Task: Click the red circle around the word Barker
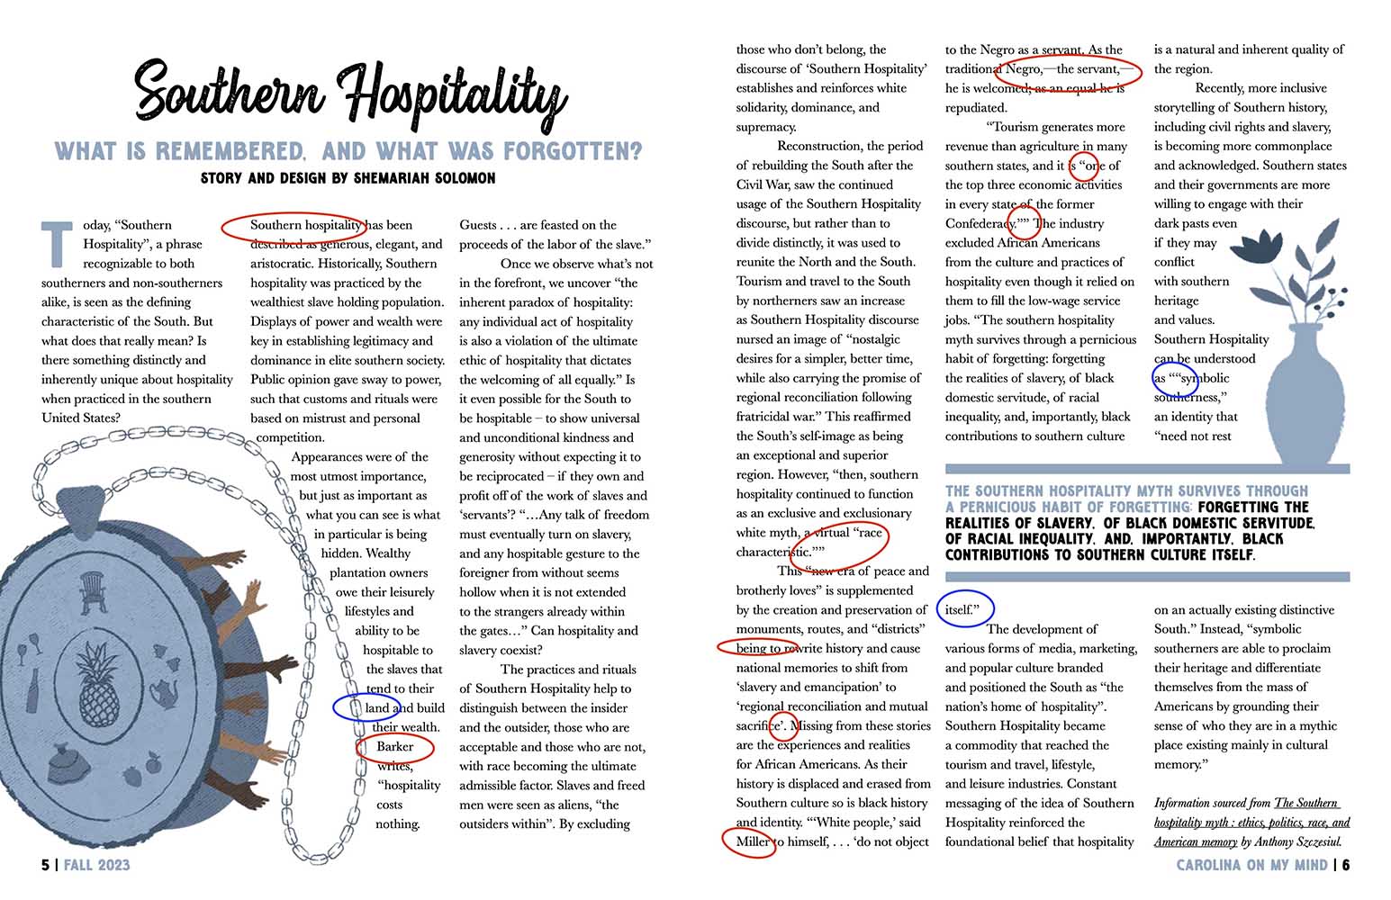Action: pos(395,747)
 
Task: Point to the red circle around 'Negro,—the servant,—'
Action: pos(1068,69)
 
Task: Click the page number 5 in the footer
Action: pos(45,865)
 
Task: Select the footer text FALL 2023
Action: pos(96,865)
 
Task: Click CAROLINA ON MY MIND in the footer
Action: pos(1251,865)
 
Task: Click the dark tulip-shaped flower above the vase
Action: pos(1257,245)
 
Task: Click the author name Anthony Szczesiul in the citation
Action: pos(1300,842)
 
